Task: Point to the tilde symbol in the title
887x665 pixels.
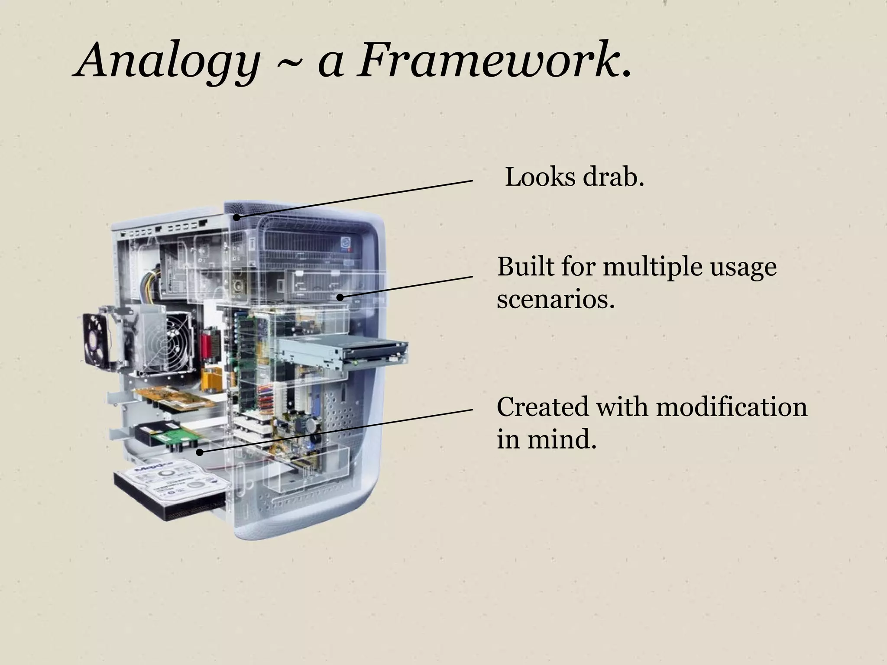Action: click(x=288, y=65)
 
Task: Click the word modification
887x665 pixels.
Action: click(x=732, y=407)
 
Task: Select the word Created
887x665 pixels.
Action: click(x=543, y=407)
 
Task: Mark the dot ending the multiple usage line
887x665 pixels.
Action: click(x=340, y=297)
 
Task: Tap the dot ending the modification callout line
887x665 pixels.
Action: click(x=200, y=452)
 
